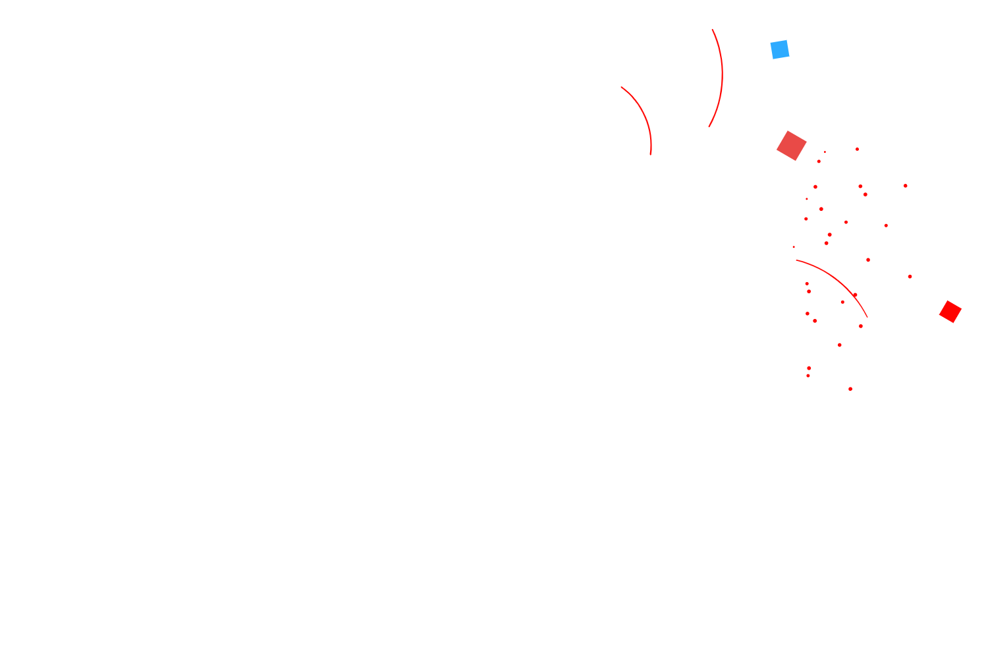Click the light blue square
coord(780,49)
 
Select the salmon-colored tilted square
coord(792,146)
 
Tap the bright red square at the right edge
coord(950,312)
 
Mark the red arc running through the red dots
coord(837,280)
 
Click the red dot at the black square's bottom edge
coord(850,389)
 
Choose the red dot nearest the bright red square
coord(910,277)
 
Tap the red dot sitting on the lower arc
coord(855,295)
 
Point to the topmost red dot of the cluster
coord(857,149)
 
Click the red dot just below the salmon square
coord(819,161)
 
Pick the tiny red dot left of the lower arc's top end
coord(794,247)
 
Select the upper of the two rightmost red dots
coord(906,186)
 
